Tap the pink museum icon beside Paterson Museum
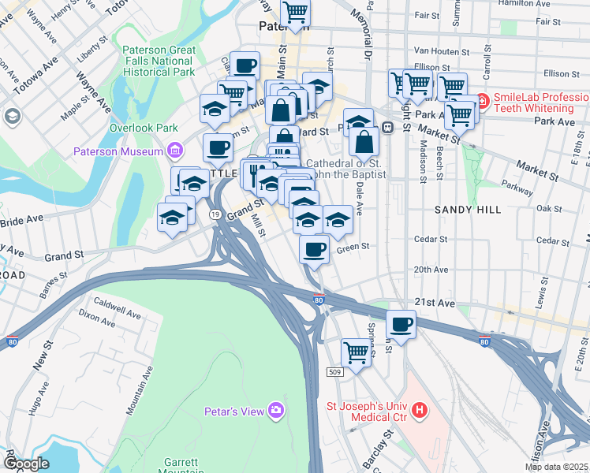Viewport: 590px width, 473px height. [x=174, y=151]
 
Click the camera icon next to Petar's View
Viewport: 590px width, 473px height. [x=275, y=409]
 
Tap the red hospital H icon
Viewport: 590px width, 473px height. [x=420, y=410]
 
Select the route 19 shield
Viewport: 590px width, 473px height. [x=215, y=214]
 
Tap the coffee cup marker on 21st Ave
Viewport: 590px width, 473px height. [x=401, y=324]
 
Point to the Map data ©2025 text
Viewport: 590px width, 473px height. [x=555, y=467]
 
